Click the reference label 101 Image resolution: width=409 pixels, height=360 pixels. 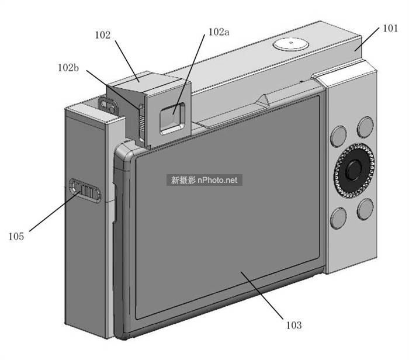pos(390,27)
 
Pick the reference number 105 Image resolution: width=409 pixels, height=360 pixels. pos(16,236)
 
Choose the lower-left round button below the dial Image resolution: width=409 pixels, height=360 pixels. pos(338,219)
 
